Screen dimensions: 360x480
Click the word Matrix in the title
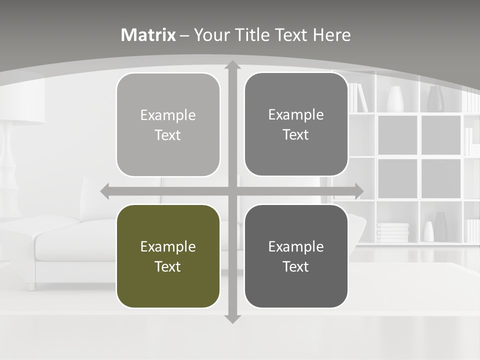148,35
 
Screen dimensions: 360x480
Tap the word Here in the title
331,35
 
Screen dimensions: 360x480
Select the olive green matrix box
168,256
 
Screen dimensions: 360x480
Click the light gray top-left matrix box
168,124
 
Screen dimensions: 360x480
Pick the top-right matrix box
296,124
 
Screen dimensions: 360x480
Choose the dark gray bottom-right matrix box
296,256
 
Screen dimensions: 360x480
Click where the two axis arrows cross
232,191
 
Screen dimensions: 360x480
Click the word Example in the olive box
168,246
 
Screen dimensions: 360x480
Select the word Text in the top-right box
296,134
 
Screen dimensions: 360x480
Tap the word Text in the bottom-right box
296,266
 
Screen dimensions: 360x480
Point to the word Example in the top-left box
168,115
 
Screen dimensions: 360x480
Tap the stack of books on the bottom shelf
392,232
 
